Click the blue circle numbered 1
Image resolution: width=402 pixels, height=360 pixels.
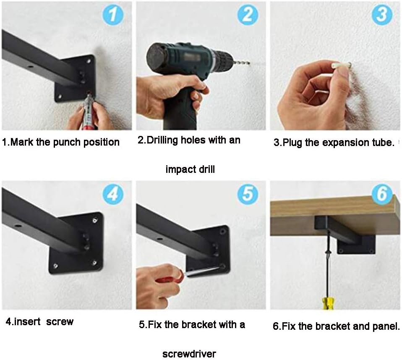coord(113,15)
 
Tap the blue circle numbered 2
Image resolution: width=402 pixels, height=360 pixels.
coord(248,15)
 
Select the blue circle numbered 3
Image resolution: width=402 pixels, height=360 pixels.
coord(382,15)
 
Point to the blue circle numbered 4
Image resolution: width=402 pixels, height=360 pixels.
coord(113,194)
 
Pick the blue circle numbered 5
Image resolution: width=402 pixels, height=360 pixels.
coord(248,194)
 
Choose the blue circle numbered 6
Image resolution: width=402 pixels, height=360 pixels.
coord(382,194)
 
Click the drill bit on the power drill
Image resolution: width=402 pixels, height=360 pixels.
coord(240,63)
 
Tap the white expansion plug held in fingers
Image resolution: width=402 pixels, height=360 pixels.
coord(342,65)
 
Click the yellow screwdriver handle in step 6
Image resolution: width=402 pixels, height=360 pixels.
coord(328,303)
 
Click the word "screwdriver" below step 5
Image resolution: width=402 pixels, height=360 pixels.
coord(189,354)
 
